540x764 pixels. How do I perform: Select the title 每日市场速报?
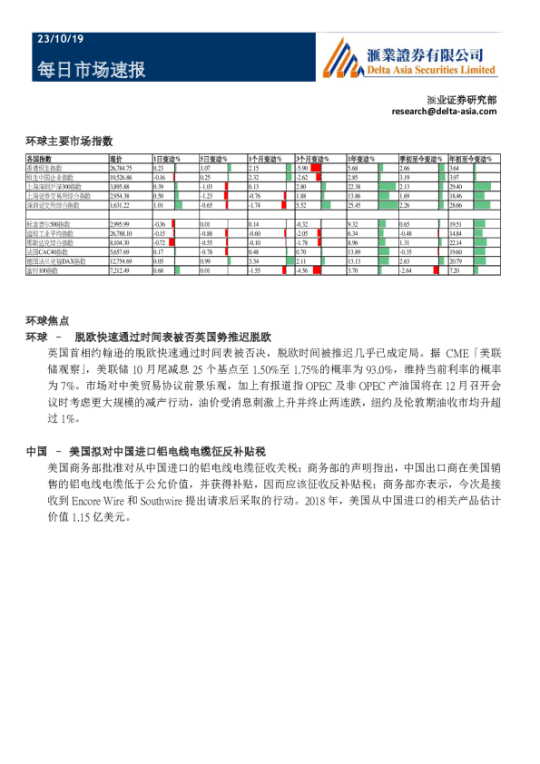92,70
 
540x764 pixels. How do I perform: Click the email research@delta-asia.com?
445,111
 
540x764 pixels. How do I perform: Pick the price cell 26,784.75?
121,169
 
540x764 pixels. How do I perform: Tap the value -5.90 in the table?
303,169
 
